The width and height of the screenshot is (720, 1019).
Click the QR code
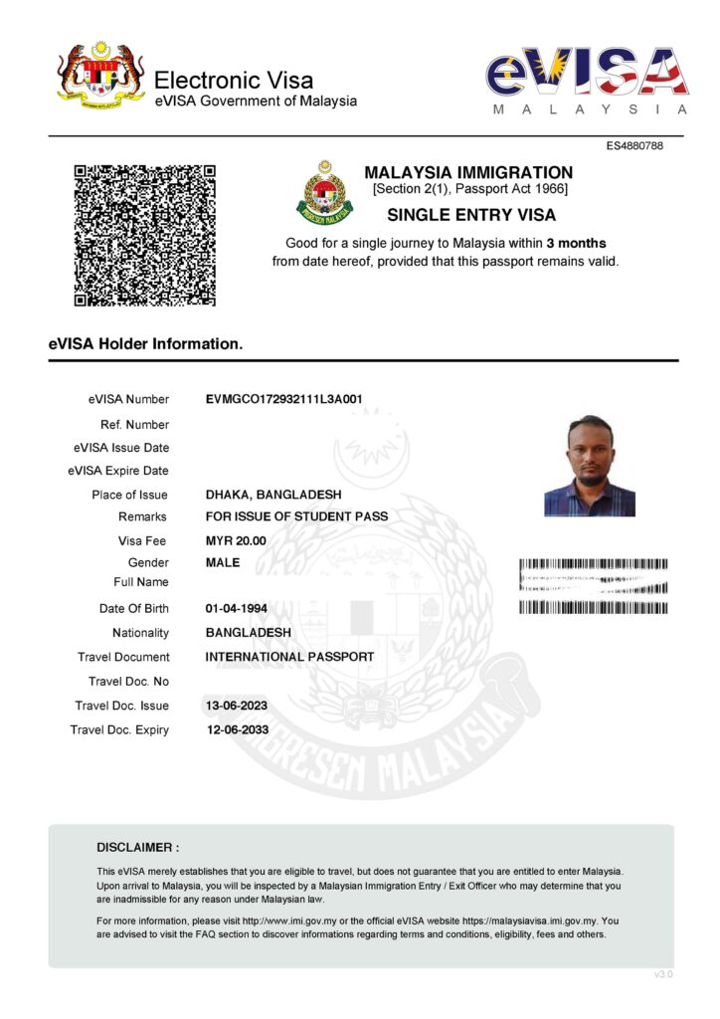[145, 236]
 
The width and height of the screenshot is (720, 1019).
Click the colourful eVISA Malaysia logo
[587, 80]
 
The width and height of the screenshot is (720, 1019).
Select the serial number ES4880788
[634, 147]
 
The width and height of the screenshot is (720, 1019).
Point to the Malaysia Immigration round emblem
[324, 192]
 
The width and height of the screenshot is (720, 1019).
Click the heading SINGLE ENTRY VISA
[470, 214]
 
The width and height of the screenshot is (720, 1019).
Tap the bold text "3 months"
[576, 243]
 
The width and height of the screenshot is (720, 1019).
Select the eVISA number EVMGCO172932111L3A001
[283, 400]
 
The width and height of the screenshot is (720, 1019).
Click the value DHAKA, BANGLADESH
[272, 495]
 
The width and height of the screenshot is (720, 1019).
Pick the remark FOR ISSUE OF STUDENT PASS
[296, 516]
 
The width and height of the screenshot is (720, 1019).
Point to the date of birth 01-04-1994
[236, 608]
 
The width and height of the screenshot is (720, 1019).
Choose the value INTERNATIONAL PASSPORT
[289, 657]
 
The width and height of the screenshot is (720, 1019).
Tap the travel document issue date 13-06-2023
[236, 706]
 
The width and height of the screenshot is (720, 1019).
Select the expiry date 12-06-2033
[236, 729]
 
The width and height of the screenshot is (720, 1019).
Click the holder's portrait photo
[590, 466]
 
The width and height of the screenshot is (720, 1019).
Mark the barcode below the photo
[593, 586]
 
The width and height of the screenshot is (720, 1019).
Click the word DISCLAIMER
[137, 848]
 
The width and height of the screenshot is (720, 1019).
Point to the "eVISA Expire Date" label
[118, 471]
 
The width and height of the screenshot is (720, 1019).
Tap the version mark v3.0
[663, 974]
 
